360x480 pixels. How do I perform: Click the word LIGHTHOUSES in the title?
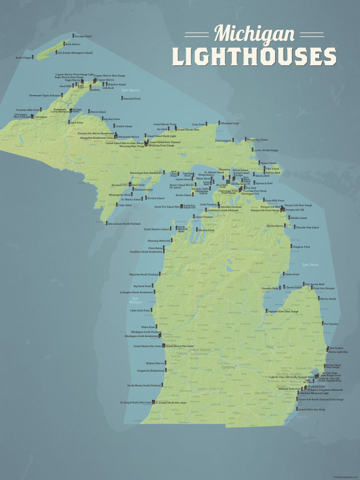254,57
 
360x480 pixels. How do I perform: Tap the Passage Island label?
83,36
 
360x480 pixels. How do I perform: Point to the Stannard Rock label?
132,98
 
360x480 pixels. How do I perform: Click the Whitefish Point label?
230,123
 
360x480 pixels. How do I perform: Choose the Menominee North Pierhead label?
124,224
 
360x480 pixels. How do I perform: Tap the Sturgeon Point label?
301,247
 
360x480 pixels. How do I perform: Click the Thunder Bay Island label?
307,228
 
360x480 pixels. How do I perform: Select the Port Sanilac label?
331,324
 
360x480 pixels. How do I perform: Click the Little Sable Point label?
140,311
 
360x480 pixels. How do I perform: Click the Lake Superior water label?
131,90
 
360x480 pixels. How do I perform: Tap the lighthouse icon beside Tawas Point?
283,274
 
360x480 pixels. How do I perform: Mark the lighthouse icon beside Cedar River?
115,204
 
